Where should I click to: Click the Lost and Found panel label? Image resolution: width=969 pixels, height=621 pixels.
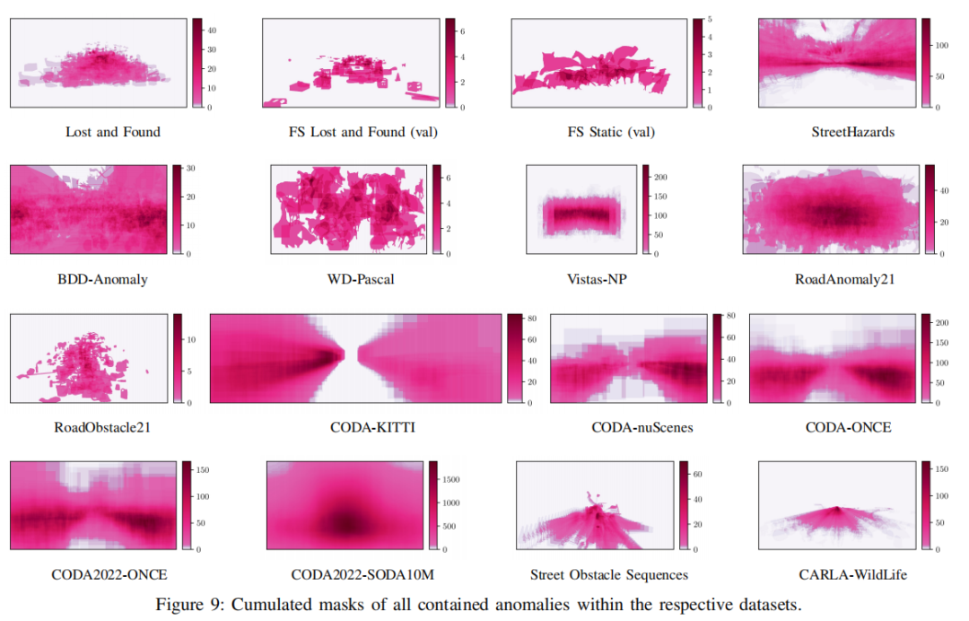tap(113, 132)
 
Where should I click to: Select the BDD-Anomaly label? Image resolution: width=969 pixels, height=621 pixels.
tap(102, 279)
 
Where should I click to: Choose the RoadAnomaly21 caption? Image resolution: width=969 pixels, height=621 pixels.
tap(844, 279)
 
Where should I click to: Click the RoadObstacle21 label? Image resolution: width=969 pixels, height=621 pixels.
tap(102, 427)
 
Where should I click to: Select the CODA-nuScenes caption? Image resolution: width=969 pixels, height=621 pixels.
tap(642, 427)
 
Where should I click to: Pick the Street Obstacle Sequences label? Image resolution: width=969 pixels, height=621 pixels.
tap(609, 574)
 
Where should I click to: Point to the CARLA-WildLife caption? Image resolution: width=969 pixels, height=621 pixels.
tap(849, 574)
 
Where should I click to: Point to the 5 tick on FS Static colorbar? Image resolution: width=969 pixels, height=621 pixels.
tap(708, 19)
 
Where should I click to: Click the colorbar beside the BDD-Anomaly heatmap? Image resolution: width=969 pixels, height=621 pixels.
tap(177, 210)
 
